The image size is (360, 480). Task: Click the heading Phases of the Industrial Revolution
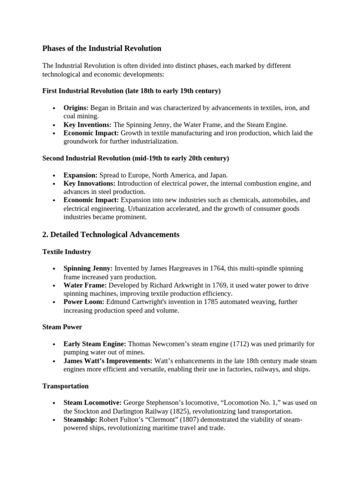point(102,48)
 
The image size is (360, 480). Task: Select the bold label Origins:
point(76,108)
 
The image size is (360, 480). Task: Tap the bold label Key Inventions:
point(88,125)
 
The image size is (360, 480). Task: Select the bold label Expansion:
point(81,175)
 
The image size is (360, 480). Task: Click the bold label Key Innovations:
point(90,183)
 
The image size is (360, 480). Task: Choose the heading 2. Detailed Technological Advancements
point(111,234)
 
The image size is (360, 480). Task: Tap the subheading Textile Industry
point(67,252)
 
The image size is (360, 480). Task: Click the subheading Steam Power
point(62,327)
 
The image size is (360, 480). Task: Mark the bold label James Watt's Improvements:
point(108,361)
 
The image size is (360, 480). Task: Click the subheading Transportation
point(65,386)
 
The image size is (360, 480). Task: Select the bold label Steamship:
point(80,420)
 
